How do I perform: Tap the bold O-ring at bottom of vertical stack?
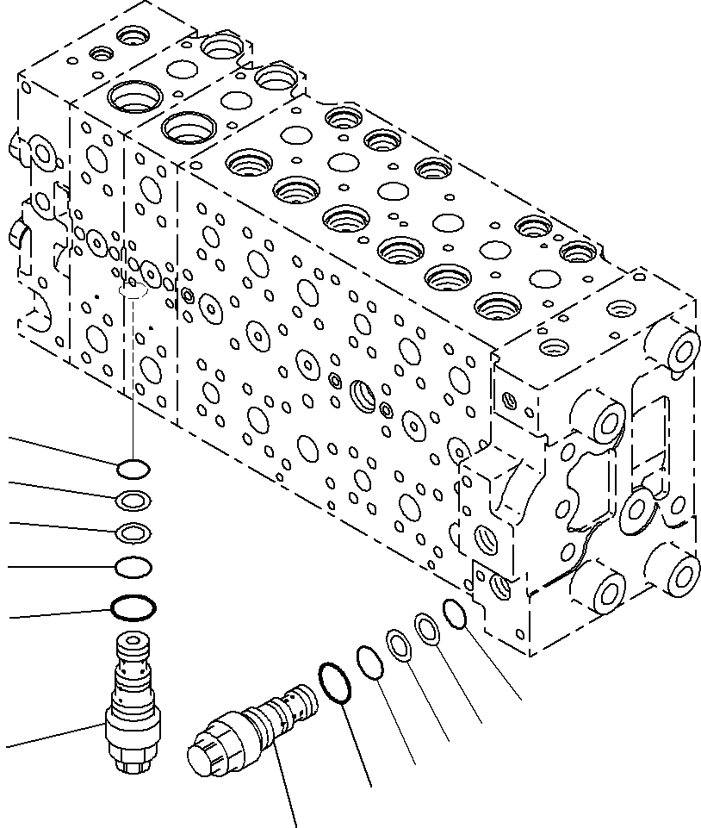tap(133, 607)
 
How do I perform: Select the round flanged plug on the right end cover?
tap(642, 512)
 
